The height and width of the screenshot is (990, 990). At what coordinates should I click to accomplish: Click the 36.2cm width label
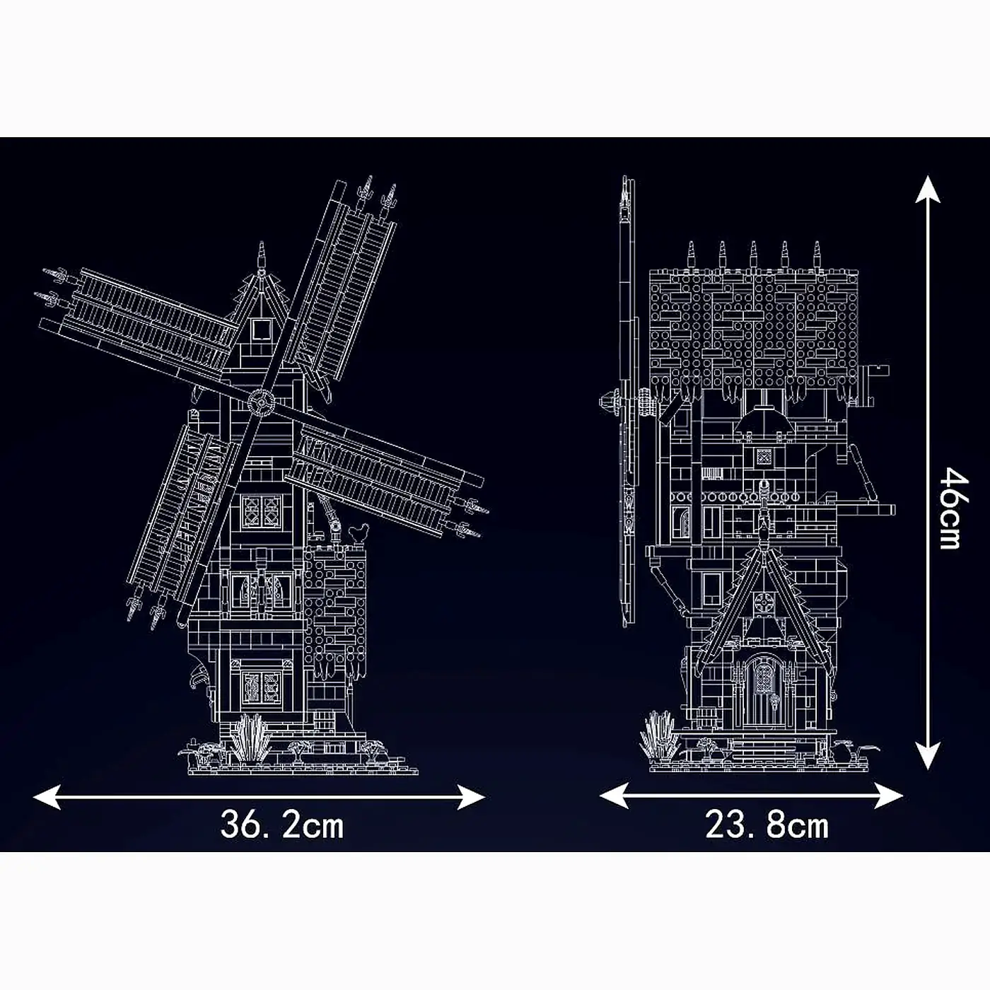coord(281,825)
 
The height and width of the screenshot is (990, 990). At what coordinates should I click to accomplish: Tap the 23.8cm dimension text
coord(767,825)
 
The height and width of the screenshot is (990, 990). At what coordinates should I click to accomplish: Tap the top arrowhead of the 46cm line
coord(928,187)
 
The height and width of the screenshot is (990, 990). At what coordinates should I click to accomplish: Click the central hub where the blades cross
coord(260,402)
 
